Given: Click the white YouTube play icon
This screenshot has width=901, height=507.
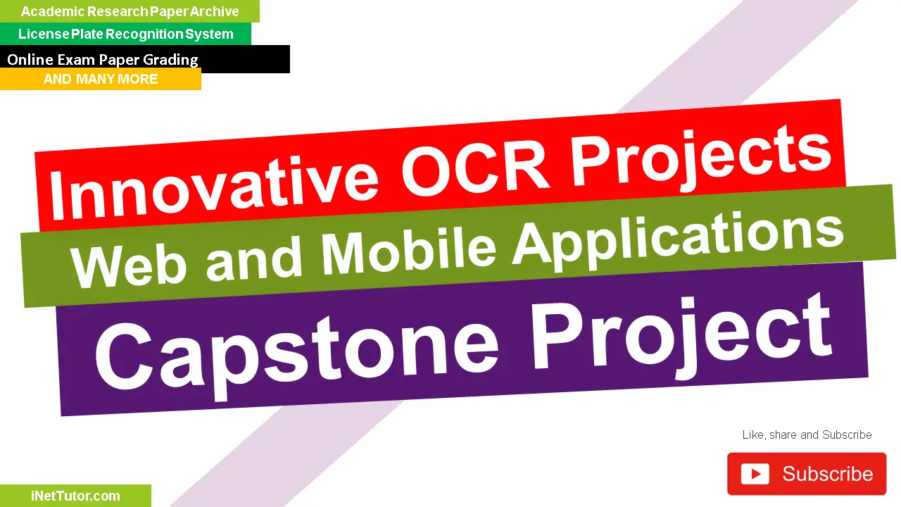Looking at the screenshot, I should [755, 474].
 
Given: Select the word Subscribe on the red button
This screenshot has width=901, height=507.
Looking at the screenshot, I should [827, 474].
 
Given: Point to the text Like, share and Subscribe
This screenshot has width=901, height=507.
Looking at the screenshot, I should [807, 435].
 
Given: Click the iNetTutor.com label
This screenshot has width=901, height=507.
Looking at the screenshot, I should [75, 496].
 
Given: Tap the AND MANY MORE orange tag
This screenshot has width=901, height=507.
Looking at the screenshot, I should [101, 79].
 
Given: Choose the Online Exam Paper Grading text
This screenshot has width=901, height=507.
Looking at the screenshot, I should [103, 60].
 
